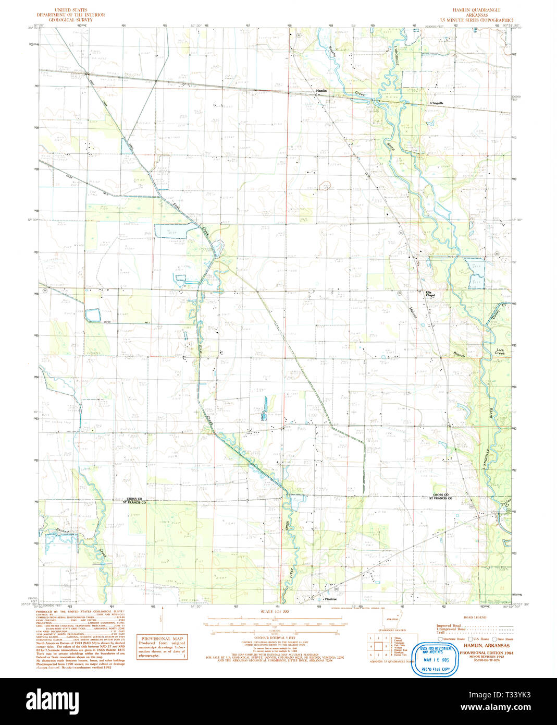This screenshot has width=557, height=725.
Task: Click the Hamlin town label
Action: [321, 91]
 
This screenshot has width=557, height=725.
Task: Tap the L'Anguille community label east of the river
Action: [437, 103]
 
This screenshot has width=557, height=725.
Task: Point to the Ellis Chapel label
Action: [430, 294]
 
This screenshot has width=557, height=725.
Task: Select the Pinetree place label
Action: [329, 600]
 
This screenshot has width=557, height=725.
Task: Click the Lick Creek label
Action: [500, 352]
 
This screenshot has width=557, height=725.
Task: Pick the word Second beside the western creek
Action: [63, 531]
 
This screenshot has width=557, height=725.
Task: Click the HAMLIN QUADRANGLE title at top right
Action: [476, 10]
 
